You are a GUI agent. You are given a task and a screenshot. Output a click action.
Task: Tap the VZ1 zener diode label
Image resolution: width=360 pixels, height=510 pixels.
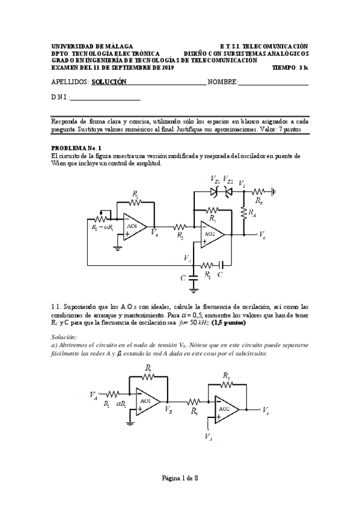pyautogui.click(x=215, y=180)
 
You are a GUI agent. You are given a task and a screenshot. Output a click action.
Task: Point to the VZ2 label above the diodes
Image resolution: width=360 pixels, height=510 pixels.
pyautogui.click(x=228, y=180)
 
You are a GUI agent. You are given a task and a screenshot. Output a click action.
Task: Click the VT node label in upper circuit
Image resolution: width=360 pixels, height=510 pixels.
pyautogui.click(x=242, y=182)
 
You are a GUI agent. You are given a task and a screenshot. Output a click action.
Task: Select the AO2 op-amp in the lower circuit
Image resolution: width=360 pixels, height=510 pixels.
pyautogui.click(x=224, y=410)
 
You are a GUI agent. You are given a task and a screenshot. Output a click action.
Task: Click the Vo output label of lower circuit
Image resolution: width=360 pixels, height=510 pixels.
pyautogui.click(x=266, y=410)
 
